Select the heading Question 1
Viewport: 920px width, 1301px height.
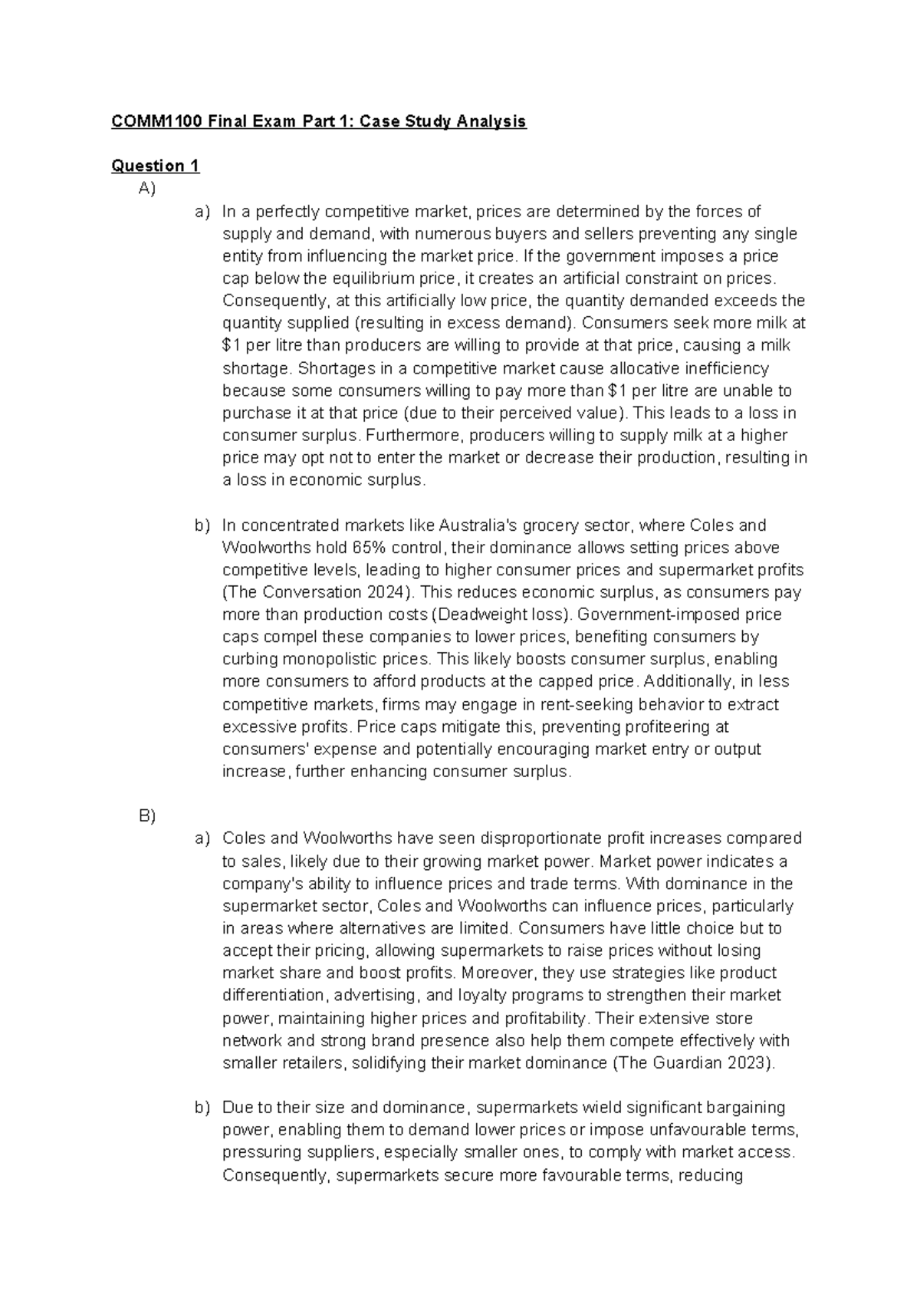[155, 166]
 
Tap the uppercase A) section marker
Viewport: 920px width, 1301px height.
[147, 189]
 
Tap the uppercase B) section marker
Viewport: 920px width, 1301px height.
[147, 816]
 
